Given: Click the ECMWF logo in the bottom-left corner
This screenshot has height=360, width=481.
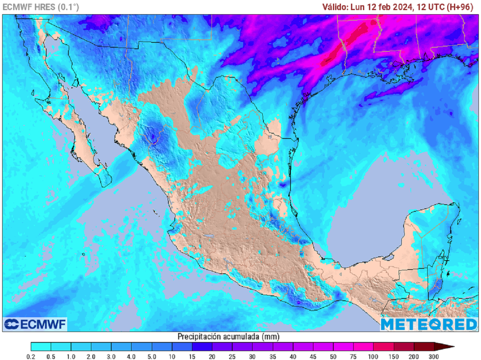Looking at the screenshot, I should [x=35, y=324].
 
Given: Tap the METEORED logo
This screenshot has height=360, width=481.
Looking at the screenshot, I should [x=428, y=324].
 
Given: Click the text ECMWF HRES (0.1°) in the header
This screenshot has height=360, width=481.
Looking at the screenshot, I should [x=41, y=7].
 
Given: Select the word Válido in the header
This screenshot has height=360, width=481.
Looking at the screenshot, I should [x=334, y=7].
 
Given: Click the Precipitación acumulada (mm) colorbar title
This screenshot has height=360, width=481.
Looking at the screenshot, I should [x=229, y=336].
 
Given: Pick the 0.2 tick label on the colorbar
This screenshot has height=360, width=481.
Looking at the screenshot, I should [x=31, y=357].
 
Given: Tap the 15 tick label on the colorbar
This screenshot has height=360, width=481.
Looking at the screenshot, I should [x=192, y=357].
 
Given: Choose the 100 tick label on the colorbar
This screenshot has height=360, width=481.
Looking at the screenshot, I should [x=374, y=357].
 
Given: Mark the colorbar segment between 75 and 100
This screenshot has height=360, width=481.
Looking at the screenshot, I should [x=364, y=347].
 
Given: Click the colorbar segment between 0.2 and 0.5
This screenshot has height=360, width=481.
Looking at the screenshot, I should [x=41, y=347].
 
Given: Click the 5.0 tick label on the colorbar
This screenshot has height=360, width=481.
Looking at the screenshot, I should [x=152, y=357].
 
